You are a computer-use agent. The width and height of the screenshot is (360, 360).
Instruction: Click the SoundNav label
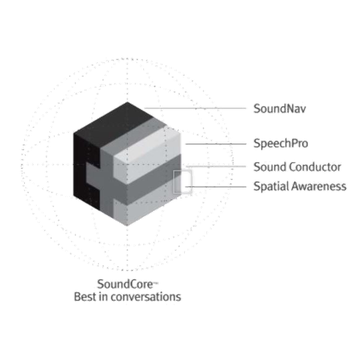[x=280, y=109]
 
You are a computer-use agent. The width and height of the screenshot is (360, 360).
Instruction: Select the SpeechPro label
[x=281, y=143]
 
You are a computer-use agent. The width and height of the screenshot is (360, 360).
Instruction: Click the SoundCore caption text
[x=125, y=284]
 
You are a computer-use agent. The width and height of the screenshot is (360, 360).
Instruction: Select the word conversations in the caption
[x=146, y=297]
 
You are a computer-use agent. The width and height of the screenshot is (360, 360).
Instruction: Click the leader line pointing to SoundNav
[x=195, y=108]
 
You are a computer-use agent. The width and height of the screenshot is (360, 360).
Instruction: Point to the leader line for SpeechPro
[x=216, y=144]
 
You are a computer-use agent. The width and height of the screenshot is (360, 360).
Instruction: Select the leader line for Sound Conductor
[x=216, y=166]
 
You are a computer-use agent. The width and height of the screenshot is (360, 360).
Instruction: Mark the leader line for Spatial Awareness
[x=216, y=186]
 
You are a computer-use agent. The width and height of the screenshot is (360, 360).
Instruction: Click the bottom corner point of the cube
[x=127, y=226]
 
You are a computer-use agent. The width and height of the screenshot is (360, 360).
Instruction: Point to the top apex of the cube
[x=127, y=102]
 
